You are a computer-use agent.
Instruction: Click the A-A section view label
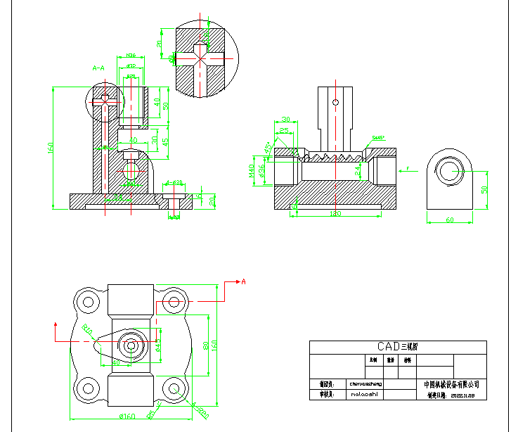[x=98, y=68]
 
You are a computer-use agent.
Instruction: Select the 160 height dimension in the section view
[x=51, y=148]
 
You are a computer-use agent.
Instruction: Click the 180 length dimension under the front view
[x=335, y=212]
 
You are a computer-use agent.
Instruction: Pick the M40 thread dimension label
[x=251, y=170]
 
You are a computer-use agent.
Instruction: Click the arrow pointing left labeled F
[x=407, y=169]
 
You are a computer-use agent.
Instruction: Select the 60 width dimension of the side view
[x=449, y=220]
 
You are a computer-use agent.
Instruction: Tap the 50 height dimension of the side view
[x=484, y=190]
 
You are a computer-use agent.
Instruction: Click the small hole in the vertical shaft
[x=336, y=103]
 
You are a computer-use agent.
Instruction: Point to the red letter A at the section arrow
[x=243, y=281]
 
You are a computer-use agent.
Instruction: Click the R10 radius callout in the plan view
[x=87, y=329]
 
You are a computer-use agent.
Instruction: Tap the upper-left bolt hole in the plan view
[x=89, y=303]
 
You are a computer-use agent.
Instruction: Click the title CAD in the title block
[x=389, y=346]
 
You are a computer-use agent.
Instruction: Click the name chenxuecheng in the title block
[x=365, y=384]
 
